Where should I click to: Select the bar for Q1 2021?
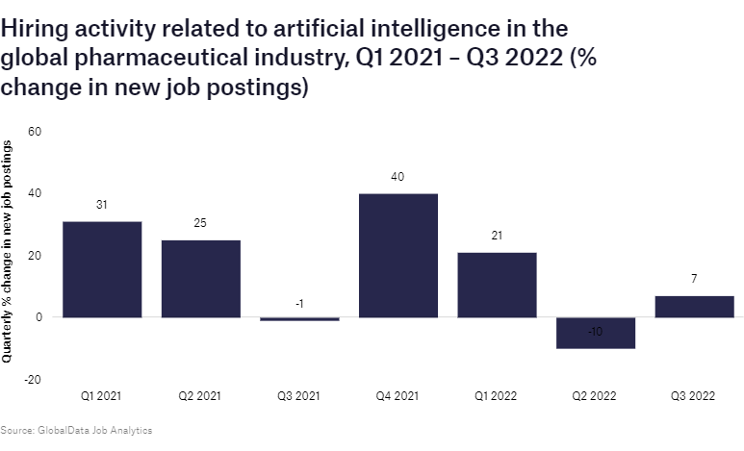102,269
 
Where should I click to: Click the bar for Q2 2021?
200,278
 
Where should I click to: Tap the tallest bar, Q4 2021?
398,255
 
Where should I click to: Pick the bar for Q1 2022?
497,285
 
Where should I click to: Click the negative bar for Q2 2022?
595,333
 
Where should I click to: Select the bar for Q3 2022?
694,307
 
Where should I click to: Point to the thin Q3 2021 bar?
299,318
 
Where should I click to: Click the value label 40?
398,177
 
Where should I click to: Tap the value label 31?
102,205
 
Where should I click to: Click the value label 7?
694,279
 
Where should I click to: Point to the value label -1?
299,304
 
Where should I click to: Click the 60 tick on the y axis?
35,131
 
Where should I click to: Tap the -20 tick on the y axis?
33,379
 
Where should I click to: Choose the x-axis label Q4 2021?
398,395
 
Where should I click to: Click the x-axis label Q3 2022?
694,395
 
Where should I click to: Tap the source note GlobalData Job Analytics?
76,430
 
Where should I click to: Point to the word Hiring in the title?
33,30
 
